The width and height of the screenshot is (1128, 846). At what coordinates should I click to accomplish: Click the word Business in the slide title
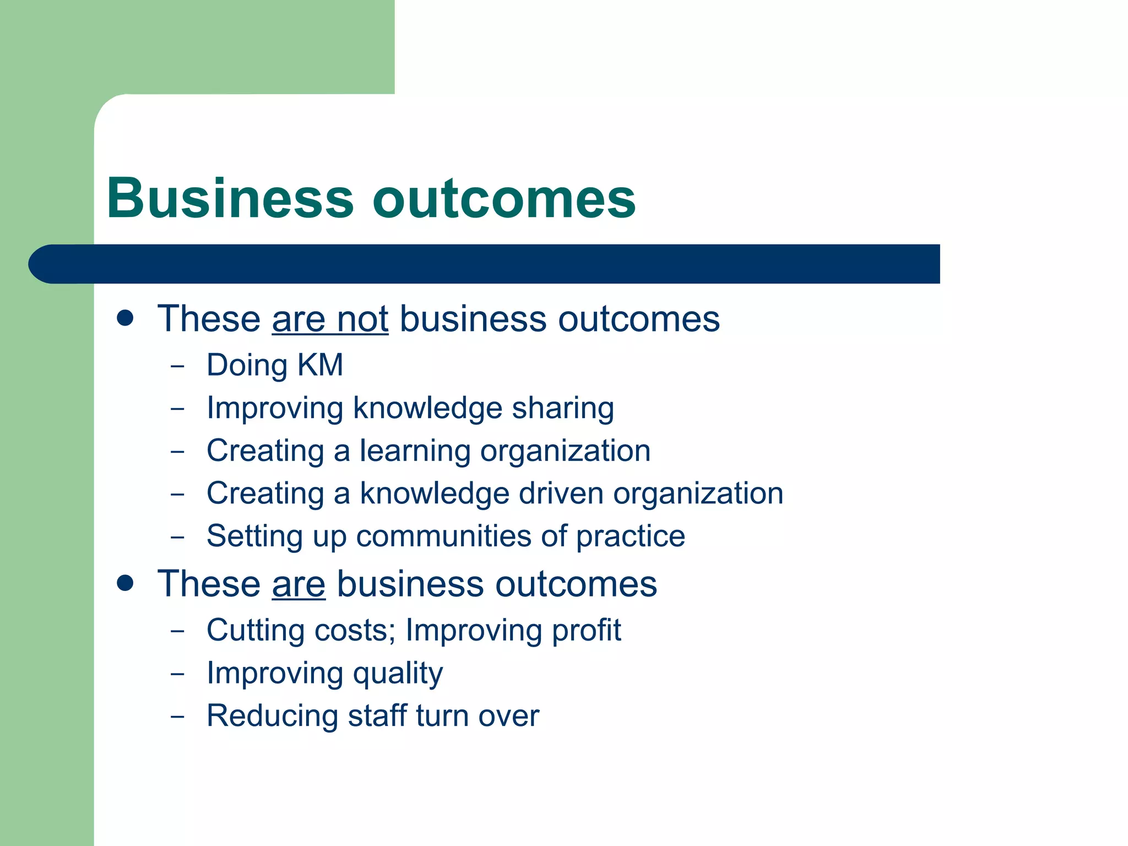click(230, 198)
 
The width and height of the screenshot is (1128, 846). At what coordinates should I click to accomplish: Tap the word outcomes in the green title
click(504, 199)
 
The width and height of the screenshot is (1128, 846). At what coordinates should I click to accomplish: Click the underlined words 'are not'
click(330, 319)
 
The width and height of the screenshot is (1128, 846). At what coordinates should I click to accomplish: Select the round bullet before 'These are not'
click(126, 318)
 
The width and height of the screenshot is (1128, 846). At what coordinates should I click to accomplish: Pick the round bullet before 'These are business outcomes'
click(126, 583)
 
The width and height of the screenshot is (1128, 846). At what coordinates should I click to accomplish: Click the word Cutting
click(255, 631)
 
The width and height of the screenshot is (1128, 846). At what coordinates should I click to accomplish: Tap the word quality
click(398, 674)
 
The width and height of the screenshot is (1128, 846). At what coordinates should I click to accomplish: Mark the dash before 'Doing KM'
click(177, 366)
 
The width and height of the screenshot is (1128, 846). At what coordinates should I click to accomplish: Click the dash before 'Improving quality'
click(177, 674)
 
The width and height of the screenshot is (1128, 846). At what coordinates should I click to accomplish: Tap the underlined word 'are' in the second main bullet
click(299, 584)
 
